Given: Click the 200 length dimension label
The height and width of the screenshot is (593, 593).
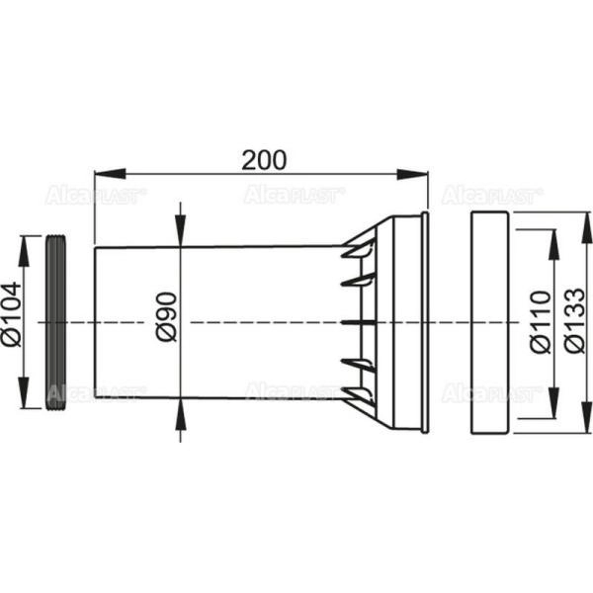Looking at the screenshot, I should click(264, 159).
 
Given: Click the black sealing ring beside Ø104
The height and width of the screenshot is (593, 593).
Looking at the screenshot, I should click(55, 321).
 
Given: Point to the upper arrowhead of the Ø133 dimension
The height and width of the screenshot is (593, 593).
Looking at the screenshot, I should click(575, 219).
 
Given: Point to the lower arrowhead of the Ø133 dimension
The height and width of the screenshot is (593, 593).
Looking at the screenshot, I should click(575, 425).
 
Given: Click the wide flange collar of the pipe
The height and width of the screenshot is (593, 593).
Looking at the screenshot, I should click(407, 322).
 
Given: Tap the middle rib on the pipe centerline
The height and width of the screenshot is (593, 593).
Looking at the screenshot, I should click(361, 322).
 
